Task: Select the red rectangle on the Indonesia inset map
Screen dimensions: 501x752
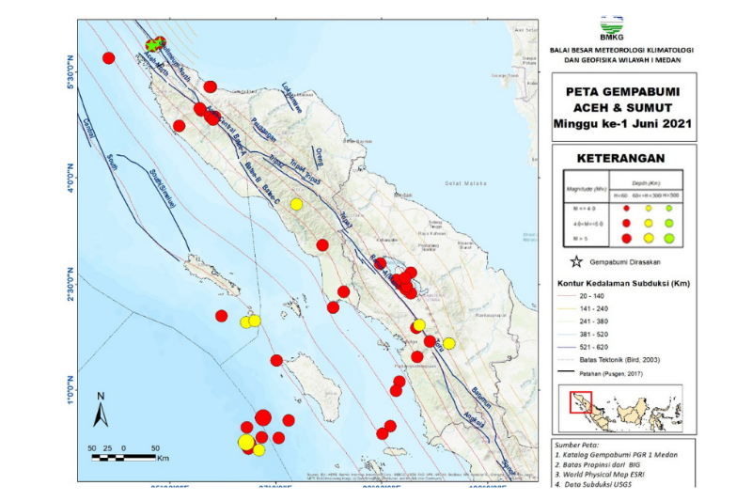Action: (581, 403)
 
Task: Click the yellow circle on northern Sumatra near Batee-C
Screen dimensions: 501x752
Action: (296, 204)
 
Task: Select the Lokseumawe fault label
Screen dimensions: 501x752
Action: (292, 98)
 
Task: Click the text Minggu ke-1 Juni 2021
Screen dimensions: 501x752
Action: (620, 122)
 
